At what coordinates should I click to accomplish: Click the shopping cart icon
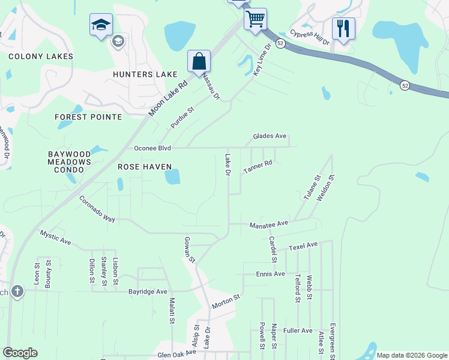255,19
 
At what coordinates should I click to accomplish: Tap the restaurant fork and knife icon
343,28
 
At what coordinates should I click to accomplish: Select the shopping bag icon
199,61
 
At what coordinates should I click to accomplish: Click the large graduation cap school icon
101,25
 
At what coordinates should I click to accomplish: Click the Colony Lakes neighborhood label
41,56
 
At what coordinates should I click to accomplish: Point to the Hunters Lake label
145,74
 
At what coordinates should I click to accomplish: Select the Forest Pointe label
88,117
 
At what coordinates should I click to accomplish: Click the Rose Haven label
145,167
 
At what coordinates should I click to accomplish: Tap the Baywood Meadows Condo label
70,162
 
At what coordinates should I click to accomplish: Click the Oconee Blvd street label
152,148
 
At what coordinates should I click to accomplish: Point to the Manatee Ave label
270,223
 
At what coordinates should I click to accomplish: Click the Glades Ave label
270,136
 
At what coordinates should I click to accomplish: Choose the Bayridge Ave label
148,292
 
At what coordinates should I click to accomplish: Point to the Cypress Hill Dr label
310,37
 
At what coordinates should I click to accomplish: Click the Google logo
20,353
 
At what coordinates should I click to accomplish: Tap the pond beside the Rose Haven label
172,177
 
